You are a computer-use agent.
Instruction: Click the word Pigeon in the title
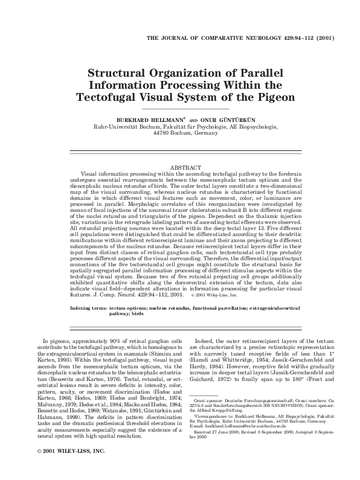pyautogui.click(x=275, y=97)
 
